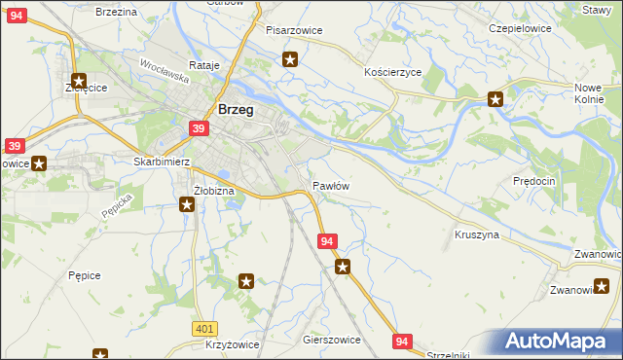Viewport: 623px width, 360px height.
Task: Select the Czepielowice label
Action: coord(520,28)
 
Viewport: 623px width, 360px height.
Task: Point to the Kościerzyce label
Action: coord(391,73)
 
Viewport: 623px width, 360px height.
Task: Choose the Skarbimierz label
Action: coord(161,162)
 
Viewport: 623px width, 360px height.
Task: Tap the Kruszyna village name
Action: coord(476,234)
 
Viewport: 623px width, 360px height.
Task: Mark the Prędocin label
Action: coord(533,181)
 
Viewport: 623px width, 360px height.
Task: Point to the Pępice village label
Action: coord(85,275)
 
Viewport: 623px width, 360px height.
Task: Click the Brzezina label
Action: coord(116,11)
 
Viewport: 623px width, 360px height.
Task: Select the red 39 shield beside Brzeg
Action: coord(198,128)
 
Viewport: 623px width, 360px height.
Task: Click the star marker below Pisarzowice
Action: coord(290,59)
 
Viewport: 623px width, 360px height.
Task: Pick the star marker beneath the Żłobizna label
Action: coord(187,204)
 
